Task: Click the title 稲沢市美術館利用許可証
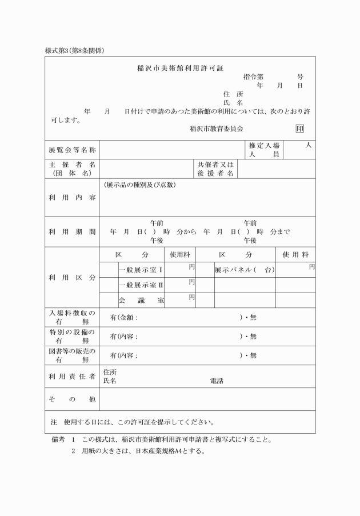point(180,68)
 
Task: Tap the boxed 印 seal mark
point(299,129)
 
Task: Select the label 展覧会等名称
point(72,150)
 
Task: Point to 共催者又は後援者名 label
point(215,169)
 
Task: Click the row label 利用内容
point(72,197)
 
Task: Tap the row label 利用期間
point(72,232)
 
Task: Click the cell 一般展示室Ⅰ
point(141,270)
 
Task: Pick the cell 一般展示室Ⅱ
point(141,285)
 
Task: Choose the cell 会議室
point(141,300)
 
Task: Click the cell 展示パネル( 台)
point(245,270)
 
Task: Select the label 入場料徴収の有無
point(72,317)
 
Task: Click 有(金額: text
point(123,318)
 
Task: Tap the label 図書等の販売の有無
point(72,355)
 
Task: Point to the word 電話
point(217,381)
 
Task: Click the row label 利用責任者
point(72,377)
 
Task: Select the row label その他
point(72,399)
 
